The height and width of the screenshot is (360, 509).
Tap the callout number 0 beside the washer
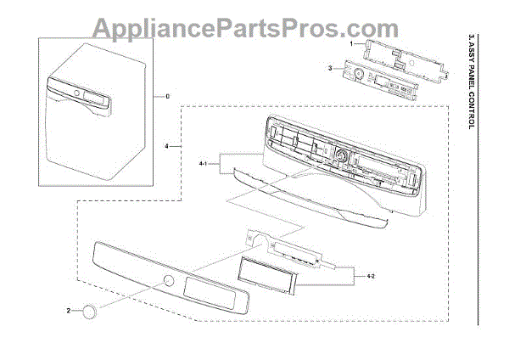click(x=168, y=97)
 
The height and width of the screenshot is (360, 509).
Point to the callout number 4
click(x=167, y=147)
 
